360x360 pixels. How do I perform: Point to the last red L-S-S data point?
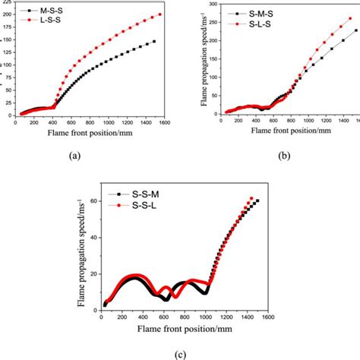[x=160, y=14]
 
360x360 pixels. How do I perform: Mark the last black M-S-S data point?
[x=154, y=42]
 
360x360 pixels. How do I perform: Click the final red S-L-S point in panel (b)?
[x=349, y=18]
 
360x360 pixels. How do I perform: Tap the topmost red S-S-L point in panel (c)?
[x=252, y=198]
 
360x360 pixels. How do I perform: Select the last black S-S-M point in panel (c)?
[x=257, y=201]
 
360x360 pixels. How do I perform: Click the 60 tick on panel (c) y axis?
[x=93, y=201]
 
